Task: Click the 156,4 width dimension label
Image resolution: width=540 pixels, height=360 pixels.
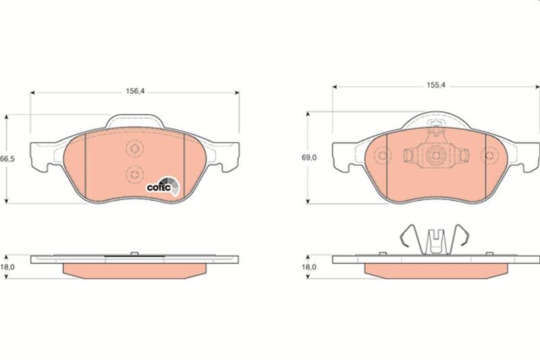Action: pos(135,91)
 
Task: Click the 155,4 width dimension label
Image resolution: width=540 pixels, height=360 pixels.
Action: pos(436,85)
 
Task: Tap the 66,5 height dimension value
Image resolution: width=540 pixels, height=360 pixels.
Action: pos(7,159)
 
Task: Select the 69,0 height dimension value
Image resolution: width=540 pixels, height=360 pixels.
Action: pos(309,157)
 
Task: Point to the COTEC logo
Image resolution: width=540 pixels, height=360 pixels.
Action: pos(163,186)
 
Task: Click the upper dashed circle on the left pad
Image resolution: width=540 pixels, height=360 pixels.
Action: pos(134,149)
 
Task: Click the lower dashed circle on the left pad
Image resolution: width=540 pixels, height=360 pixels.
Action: pos(134,174)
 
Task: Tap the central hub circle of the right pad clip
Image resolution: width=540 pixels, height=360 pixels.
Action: pos(435,155)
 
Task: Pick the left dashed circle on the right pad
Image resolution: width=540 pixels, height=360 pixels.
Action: pos(382,155)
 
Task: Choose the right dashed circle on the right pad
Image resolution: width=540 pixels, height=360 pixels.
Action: pos(489,155)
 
